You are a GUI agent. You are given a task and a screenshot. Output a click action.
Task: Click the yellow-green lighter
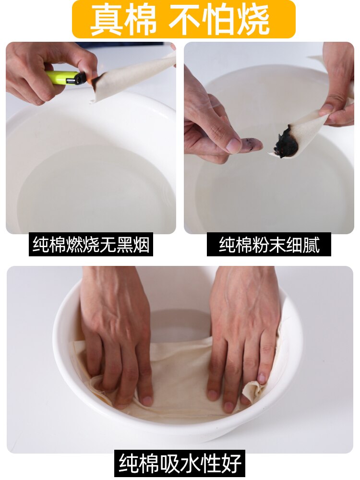click(65, 78)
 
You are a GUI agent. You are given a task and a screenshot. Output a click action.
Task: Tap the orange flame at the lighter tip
click(89, 80)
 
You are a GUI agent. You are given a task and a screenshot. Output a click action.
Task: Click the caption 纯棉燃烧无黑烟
click(91, 245)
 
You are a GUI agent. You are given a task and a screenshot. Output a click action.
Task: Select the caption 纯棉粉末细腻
click(269, 245)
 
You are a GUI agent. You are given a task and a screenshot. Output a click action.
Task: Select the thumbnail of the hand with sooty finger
click(269, 138)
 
